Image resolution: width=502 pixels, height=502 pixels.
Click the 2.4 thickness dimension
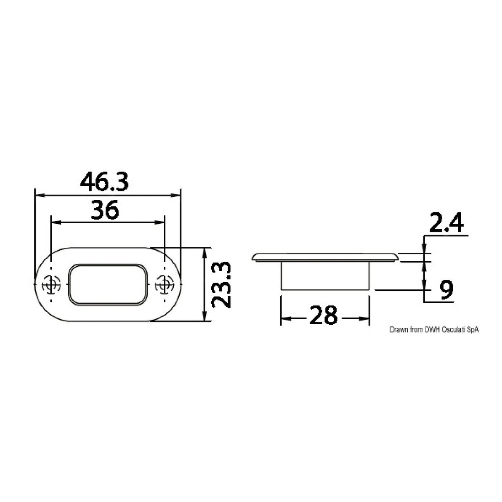(x=446, y=224)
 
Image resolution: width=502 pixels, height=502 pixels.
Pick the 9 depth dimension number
(x=446, y=290)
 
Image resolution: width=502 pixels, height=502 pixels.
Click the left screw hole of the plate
(x=50, y=284)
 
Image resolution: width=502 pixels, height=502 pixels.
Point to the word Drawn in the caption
(x=398, y=330)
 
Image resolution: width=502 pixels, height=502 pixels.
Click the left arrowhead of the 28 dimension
(x=284, y=318)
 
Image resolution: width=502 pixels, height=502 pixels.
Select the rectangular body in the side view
(x=325, y=275)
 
